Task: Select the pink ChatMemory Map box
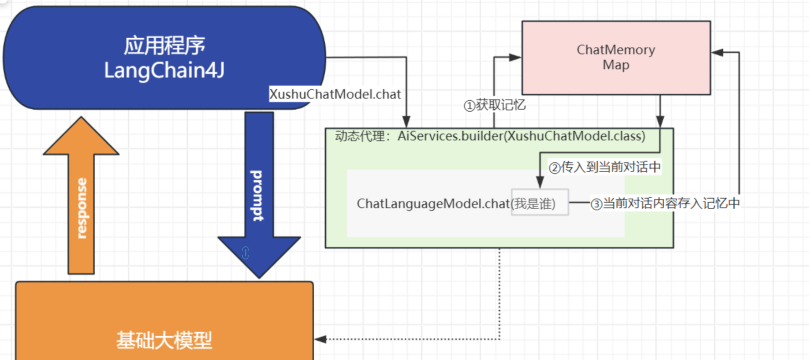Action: coord(616,58)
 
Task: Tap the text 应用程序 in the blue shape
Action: coord(164,46)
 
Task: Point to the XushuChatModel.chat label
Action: coord(335,94)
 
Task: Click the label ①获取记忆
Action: coord(495,105)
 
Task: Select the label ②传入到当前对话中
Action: coord(604,167)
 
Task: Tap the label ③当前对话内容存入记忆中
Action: coord(665,203)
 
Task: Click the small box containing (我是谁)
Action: coord(540,202)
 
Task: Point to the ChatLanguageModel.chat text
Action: coord(433,204)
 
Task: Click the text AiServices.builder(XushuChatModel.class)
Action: coord(522,136)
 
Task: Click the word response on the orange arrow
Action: coord(82,208)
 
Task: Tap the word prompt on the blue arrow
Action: coord(257,196)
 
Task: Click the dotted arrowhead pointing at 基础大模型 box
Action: coord(320,339)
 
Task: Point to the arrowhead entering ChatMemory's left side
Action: coord(515,57)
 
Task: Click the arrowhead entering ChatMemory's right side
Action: coord(717,52)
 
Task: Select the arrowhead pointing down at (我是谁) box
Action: coord(540,182)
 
